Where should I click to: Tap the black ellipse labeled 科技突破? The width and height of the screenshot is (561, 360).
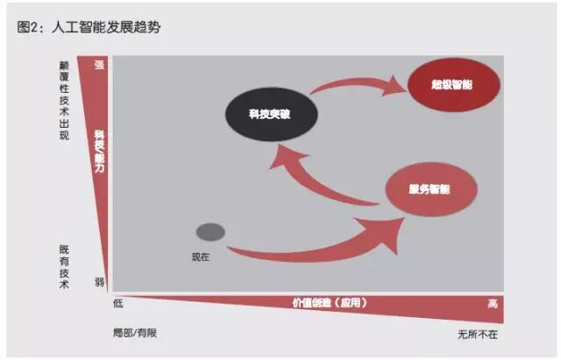tap(270, 114)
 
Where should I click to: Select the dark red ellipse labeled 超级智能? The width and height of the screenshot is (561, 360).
tap(453, 86)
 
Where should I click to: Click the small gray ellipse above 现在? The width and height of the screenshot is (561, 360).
tap(210, 232)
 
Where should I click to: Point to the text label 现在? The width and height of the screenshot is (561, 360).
tap(202, 256)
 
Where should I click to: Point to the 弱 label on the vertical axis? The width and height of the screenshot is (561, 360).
tap(99, 281)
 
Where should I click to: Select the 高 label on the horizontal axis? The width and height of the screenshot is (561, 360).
tap(493, 303)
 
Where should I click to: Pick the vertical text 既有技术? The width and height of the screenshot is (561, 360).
tap(63, 267)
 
